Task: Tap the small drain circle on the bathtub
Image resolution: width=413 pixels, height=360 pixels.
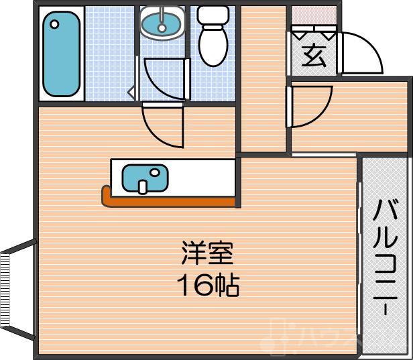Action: (x=54, y=23)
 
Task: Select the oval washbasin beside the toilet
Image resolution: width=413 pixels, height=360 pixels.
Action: (x=162, y=24)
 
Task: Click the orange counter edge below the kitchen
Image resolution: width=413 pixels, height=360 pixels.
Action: (x=168, y=200)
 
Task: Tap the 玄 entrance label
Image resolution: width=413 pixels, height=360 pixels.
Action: (x=312, y=54)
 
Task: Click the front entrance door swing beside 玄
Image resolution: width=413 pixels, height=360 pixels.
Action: (x=362, y=54)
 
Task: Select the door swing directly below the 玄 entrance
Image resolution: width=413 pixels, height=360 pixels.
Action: (x=310, y=106)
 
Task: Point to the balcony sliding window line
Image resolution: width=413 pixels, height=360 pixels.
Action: (x=361, y=255)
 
